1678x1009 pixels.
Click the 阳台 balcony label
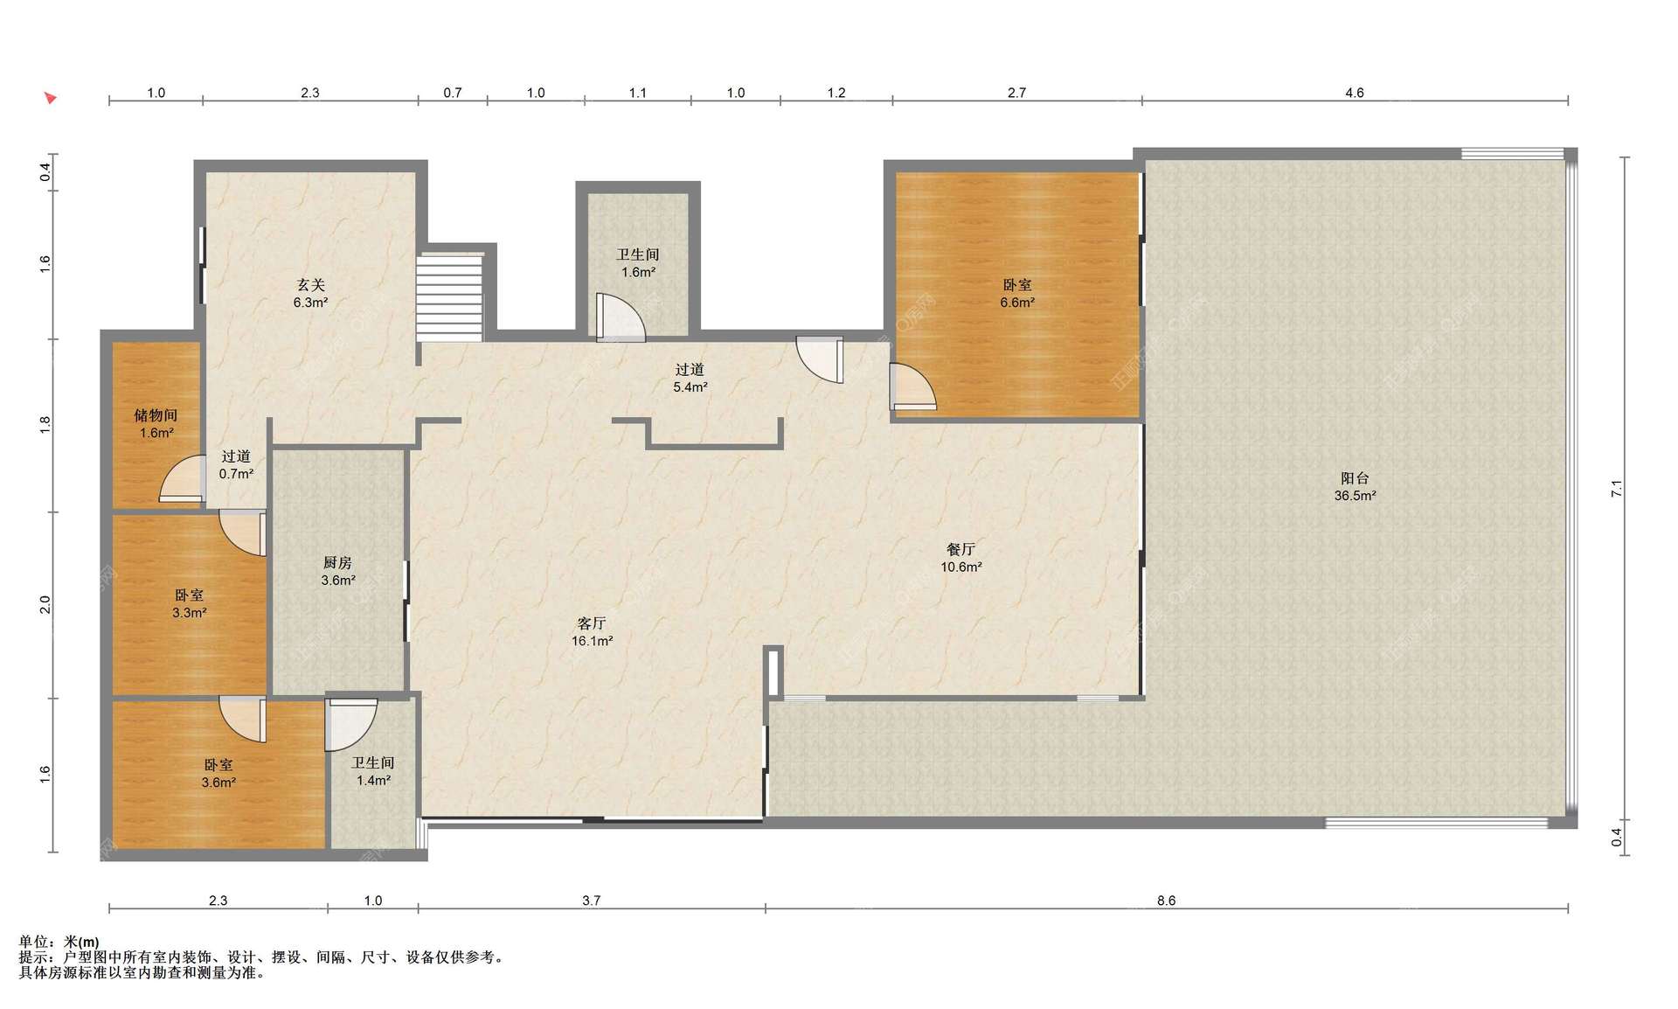point(1355,478)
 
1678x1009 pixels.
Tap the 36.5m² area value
point(1355,496)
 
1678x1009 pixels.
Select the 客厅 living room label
point(592,623)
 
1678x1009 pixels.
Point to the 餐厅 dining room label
point(960,549)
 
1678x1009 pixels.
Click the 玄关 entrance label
point(310,285)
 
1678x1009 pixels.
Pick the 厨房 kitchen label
point(337,562)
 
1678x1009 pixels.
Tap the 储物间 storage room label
point(156,415)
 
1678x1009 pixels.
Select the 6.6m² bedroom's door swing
point(912,386)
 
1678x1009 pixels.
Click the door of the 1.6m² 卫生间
point(621,317)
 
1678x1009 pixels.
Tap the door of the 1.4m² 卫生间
point(350,724)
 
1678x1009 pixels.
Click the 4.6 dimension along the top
point(1354,93)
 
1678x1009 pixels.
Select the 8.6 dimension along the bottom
point(1167,901)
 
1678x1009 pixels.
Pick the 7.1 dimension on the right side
point(1617,490)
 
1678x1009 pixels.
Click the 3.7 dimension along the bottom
point(592,901)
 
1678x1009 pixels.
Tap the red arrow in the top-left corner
point(51,98)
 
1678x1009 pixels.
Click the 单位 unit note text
point(59,942)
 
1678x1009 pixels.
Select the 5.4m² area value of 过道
point(690,387)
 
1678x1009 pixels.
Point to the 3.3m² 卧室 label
point(189,604)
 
